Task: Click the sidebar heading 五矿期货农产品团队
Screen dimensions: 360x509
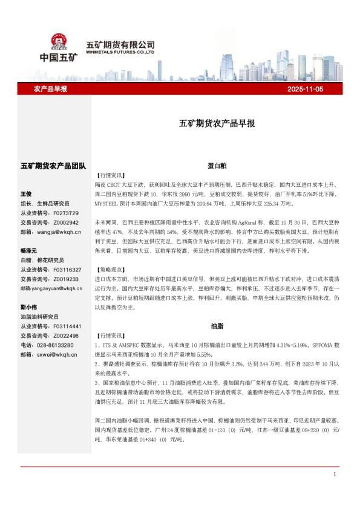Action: pos(53,166)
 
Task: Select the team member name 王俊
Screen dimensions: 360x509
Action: pos(26,194)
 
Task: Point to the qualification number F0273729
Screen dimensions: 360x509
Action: pos(66,213)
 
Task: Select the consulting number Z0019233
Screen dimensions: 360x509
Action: pos(66,279)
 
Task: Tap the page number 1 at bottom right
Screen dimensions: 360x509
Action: pos(335,474)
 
